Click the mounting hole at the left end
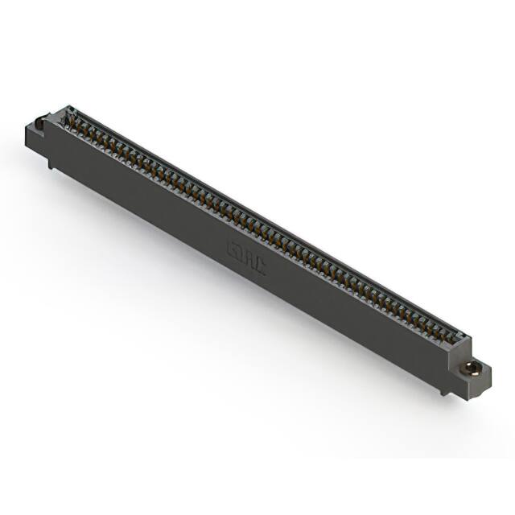(x=39, y=124)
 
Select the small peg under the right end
(x=442, y=393)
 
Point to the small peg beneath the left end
(x=51, y=165)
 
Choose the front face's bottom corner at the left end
(x=46, y=155)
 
